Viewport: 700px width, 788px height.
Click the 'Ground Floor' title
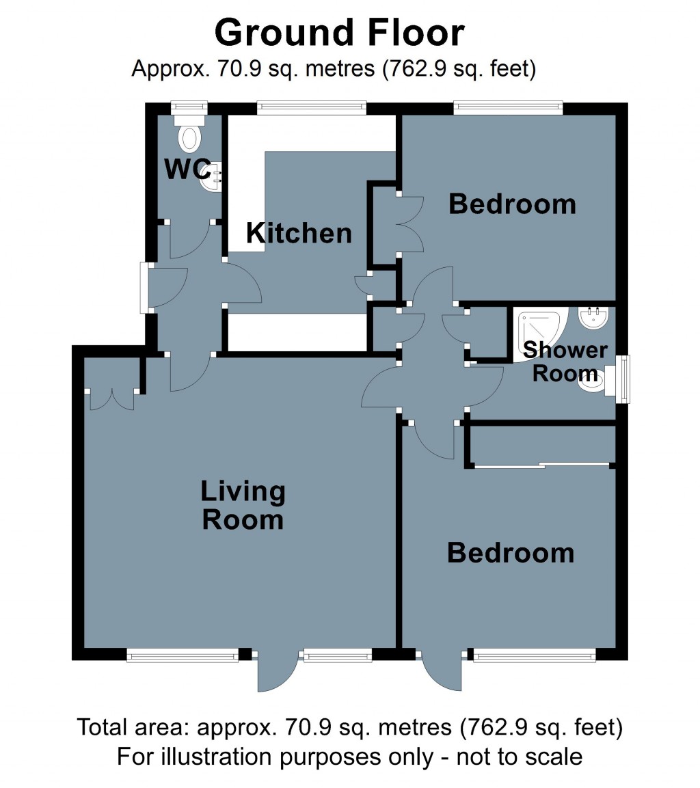(x=340, y=33)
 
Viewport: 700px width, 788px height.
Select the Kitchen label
(x=299, y=234)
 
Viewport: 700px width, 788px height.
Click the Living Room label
(x=242, y=506)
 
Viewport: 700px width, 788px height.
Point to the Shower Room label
(x=565, y=362)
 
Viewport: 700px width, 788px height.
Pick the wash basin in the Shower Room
(x=593, y=318)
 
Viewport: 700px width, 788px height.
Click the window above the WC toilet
(x=189, y=107)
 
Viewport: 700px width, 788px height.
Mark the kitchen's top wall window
(x=312, y=107)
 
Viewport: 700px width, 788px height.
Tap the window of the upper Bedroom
(x=508, y=107)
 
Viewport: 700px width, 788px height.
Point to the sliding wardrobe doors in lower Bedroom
(x=542, y=466)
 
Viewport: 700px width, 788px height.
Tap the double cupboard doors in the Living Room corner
(x=112, y=398)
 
